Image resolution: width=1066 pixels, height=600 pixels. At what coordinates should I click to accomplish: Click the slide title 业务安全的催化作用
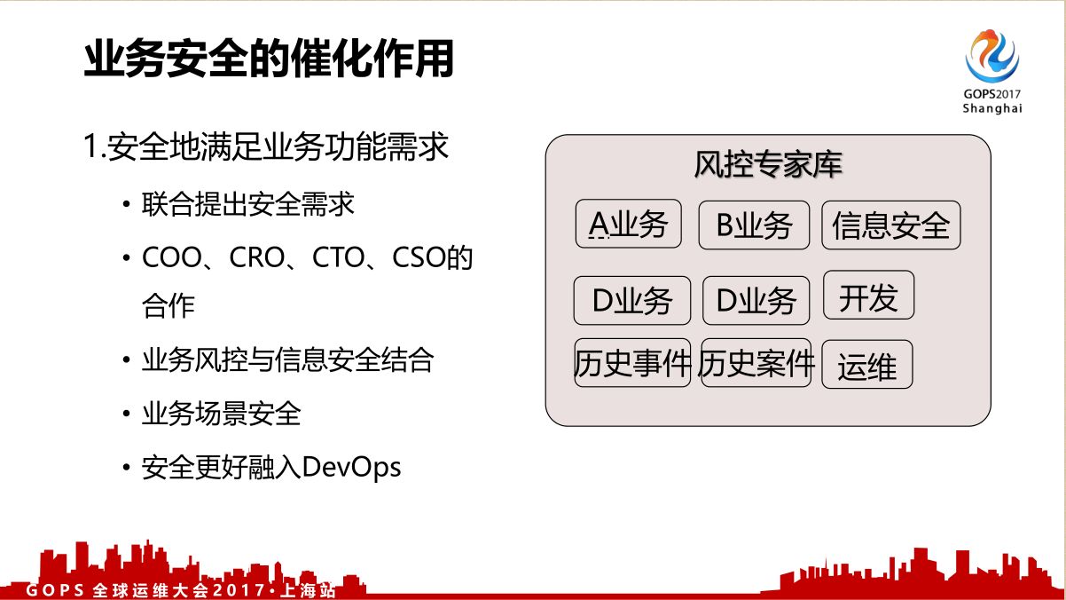(269, 59)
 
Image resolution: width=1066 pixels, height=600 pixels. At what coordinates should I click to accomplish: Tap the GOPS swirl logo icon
(992, 55)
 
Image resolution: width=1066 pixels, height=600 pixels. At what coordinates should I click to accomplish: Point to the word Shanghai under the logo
(992, 108)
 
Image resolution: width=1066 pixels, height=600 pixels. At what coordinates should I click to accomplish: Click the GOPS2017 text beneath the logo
(992, 93)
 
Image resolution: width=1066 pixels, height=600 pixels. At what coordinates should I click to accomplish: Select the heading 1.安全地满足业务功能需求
(266, 147)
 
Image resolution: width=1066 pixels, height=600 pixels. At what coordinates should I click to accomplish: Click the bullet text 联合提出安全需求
(248, 204)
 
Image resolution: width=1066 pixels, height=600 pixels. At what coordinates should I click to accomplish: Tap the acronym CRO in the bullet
(257, 258)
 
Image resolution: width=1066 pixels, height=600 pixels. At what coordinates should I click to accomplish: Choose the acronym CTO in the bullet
(342, 258)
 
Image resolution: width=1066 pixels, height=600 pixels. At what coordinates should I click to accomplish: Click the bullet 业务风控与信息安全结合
(287, 360)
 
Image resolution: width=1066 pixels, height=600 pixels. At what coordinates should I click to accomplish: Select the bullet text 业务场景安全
(222, 414)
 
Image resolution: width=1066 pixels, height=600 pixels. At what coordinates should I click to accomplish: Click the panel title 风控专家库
(768, 165)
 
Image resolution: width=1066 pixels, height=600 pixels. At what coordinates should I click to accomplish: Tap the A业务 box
(629, 225)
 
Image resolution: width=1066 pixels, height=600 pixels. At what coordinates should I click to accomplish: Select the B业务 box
(754, 225)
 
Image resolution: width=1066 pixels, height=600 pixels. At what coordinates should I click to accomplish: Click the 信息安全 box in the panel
(890, 225)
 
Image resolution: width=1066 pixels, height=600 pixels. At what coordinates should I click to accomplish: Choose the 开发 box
(868, 298)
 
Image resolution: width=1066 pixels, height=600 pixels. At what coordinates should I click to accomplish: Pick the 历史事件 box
(632, 363)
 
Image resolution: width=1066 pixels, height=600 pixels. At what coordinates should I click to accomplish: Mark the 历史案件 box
(756, 363)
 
